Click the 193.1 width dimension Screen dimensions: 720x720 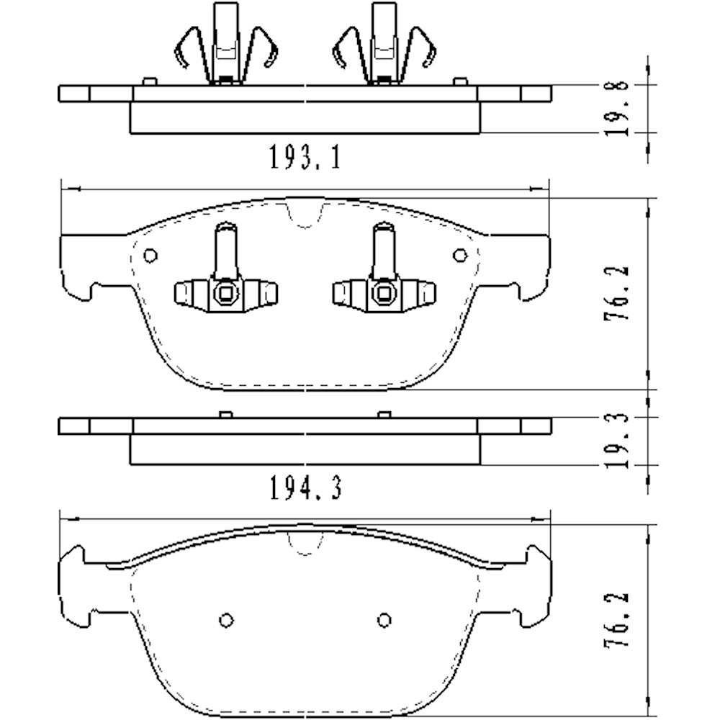pos(305,156)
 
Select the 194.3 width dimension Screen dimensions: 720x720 pos(305,489)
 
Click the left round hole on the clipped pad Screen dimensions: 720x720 pos(150,255)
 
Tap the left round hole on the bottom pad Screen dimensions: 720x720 pos(225,621)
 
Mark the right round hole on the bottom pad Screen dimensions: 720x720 pos(384,621)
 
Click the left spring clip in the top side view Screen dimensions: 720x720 pos(226,47)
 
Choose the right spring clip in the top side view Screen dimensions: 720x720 pos(383,47)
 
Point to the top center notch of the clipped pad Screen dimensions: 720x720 pos(303,214)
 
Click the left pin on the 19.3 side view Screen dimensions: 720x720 pos(225,414)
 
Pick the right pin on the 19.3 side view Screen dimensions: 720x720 pos(384,414)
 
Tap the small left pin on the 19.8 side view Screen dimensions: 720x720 pos(149,81)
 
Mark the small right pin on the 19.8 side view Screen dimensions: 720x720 pos(459,81)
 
